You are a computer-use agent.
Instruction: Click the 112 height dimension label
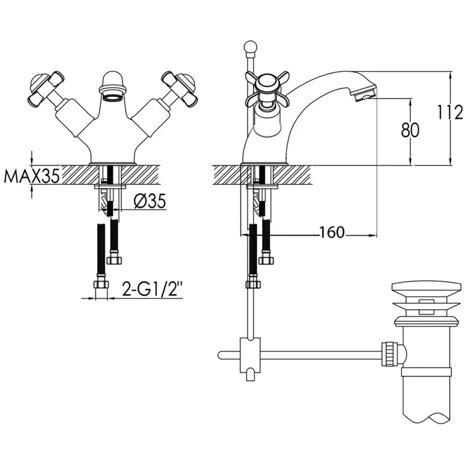tap(450, 112)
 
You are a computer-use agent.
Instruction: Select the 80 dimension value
tap(410, 130)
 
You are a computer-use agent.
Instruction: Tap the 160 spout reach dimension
tap(332, 232)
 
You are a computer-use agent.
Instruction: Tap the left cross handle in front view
tap(46, 88)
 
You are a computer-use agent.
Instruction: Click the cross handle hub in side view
tap(267, 84)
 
